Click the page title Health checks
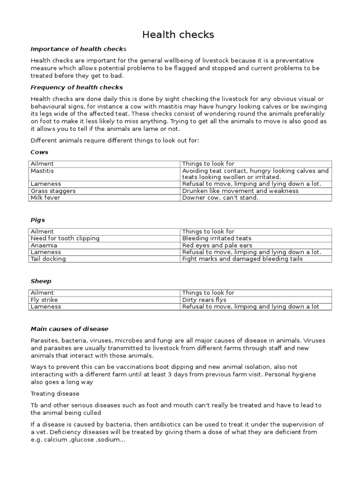178,35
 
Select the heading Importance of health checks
78,49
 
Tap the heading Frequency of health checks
76,87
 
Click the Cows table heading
39,152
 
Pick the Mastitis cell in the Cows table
42,171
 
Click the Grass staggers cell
53,191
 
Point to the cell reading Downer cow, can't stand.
220,198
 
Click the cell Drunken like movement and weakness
240,191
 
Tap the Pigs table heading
37,220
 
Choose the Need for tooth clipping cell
65,238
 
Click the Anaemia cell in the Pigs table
44,245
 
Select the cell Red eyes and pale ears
217,245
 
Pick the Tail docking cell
48,259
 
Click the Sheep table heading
41,281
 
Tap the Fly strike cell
44,300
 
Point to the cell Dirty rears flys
204,300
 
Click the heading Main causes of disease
69,329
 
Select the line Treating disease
55,393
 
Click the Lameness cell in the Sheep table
46,307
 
